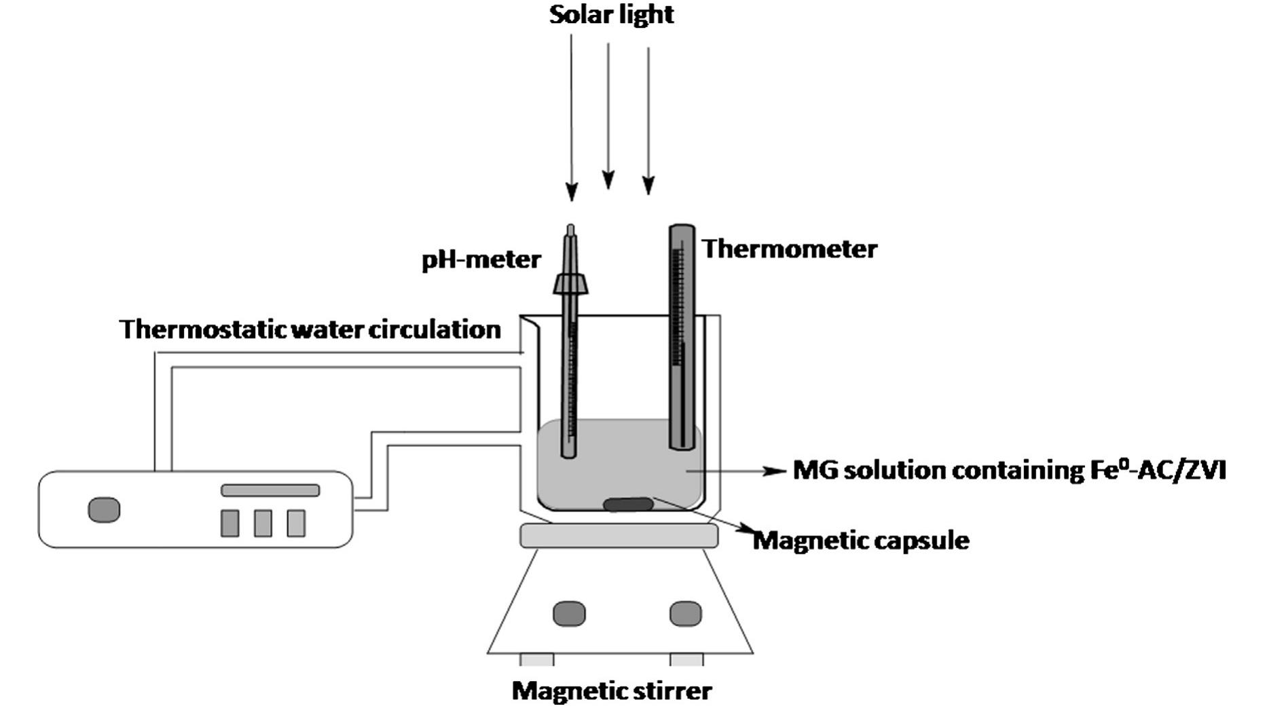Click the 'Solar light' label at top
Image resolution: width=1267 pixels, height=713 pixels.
[611, 15]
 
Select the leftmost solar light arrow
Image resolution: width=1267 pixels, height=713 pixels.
[571, 115]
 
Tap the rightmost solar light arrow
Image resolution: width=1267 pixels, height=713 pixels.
[648, 119]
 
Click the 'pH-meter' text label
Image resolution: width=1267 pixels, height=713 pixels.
[481, 260]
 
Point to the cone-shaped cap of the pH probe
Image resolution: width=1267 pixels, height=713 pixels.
[570, 282]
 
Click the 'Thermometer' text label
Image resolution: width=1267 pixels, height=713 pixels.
[789, 249]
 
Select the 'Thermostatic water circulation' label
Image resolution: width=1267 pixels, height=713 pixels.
[310, 329]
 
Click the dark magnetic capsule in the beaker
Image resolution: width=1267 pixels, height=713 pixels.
[628, 505]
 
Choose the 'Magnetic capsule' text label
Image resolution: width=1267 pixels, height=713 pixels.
[861, 541]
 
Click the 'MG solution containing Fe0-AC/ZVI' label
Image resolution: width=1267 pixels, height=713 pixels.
[1009, 471]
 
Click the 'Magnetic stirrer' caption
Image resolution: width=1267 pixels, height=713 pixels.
[611, 691]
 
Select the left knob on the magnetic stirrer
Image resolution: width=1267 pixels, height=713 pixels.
[569, 614]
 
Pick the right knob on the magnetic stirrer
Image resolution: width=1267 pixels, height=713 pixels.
[685, 614]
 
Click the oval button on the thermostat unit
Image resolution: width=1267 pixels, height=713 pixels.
[104, 510]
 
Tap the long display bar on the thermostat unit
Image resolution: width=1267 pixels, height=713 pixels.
[270, 490]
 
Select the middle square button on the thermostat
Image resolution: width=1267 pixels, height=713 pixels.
[263, 523]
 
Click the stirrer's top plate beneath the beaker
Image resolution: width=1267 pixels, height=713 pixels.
[619, 536]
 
